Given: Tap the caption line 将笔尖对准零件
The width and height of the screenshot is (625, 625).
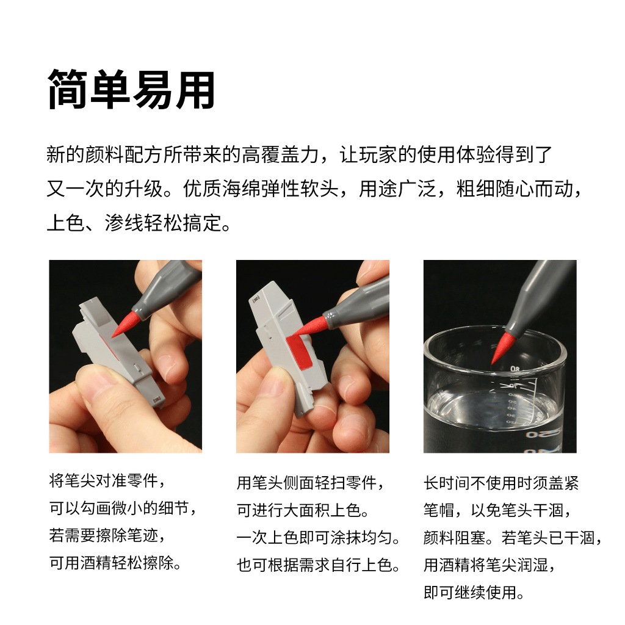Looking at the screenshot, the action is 107,480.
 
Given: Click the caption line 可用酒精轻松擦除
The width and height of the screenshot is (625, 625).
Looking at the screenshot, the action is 115,563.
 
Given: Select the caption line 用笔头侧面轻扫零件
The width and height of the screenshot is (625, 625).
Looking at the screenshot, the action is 311,483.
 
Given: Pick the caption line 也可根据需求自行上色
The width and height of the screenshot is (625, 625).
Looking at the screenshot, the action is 318,565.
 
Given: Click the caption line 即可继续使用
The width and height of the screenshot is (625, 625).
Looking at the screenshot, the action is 474,592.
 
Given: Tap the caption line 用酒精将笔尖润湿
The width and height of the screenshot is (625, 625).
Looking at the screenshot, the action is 489,565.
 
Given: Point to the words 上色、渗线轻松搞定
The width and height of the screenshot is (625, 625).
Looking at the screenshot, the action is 139,223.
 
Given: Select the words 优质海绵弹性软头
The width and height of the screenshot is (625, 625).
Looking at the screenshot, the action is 261,189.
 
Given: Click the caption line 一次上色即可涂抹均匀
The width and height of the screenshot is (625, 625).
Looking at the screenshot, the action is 318,538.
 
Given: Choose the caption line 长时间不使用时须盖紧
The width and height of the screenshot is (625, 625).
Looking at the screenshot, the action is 501,483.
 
